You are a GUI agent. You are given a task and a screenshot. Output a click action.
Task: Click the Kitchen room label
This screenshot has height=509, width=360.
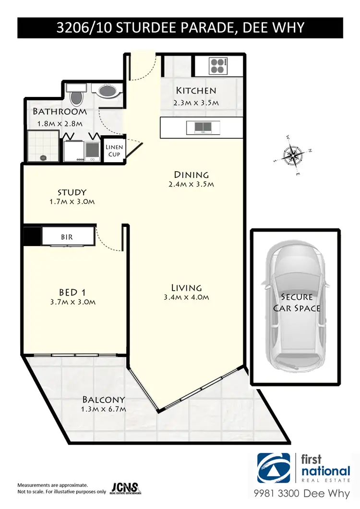pos(196,90)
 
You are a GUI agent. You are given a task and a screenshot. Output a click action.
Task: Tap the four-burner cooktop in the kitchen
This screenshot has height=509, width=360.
pos(217,65)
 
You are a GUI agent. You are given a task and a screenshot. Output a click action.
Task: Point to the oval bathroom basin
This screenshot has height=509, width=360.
pos(107,90)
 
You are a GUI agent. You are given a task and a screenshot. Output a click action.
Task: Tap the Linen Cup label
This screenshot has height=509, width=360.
pos(114,150)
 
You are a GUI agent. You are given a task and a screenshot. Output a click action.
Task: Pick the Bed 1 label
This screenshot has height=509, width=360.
pos(72,292)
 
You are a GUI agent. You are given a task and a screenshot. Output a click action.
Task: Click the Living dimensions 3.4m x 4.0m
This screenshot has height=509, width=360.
pos(186,297)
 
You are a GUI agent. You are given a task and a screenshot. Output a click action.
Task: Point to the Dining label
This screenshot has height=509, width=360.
pos(192,175)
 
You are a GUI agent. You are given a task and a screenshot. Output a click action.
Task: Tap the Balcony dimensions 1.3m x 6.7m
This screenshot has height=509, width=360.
pos(104,409)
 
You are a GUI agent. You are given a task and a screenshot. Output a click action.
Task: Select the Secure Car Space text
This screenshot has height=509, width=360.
pos(297,303)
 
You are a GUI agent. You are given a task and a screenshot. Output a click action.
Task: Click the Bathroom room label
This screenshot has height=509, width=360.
pos(60,112)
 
